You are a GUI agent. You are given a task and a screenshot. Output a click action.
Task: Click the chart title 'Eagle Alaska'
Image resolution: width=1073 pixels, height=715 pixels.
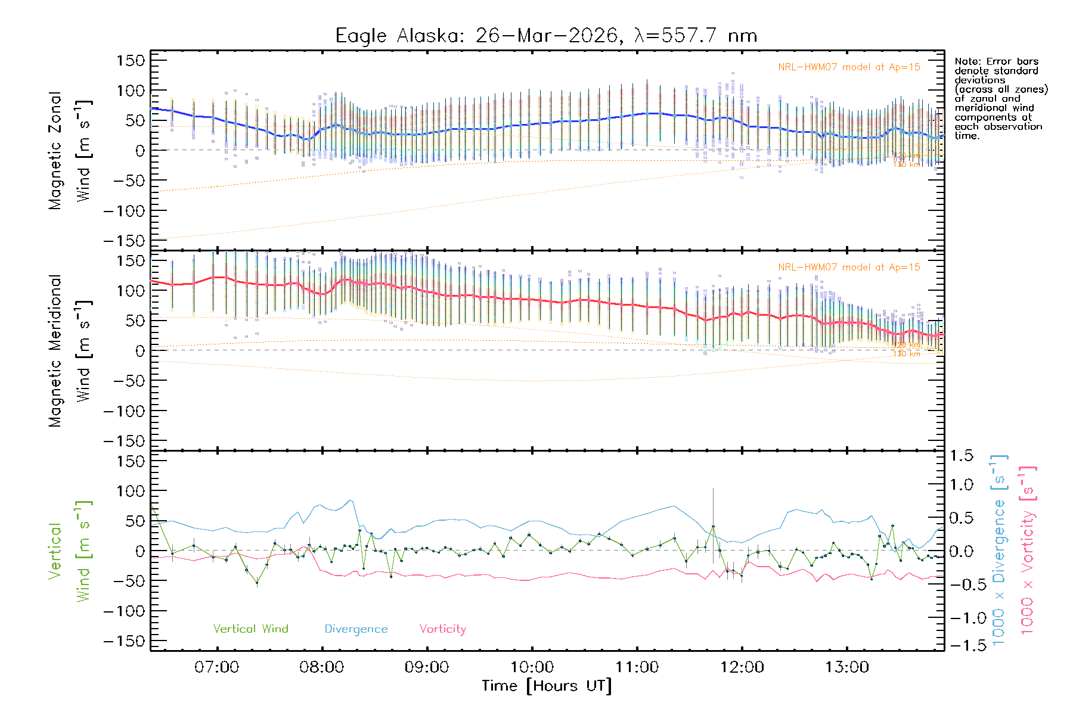[399, 36]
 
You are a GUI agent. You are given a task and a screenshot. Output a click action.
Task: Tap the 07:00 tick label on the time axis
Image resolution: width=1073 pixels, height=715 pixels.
[216, 667]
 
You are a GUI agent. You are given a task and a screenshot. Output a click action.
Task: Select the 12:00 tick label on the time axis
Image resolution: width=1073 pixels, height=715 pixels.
[742, 667]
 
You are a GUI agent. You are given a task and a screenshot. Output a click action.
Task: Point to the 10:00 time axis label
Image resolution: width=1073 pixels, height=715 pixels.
[532, 667]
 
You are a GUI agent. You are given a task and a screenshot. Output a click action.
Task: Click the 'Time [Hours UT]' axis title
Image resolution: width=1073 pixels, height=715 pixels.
[547, 686]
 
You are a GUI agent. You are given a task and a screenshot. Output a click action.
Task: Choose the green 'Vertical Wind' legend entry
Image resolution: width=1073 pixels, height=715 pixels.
[250, 629]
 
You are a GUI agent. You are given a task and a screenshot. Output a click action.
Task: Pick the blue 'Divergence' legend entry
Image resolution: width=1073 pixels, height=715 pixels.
[356, 629]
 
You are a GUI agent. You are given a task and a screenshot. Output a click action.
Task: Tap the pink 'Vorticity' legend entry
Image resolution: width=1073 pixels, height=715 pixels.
[442, 629]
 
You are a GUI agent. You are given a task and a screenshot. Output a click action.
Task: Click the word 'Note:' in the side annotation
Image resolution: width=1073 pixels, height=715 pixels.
[968, 62]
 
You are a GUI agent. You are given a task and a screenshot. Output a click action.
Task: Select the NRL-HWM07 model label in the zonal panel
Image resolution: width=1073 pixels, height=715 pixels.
[849, 67]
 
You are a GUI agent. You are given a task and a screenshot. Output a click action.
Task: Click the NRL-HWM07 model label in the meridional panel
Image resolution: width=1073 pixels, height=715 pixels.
[849, 268]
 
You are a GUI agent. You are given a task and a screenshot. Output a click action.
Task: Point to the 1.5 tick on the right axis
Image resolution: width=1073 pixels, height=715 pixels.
[961, 456]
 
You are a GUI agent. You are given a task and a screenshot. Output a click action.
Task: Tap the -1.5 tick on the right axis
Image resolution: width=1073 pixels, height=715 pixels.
[961, 645]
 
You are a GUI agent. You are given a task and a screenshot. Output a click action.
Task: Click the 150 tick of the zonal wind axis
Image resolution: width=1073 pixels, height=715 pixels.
[131, 60]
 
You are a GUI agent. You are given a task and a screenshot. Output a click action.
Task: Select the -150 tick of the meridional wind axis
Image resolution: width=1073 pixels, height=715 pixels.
[124, 441]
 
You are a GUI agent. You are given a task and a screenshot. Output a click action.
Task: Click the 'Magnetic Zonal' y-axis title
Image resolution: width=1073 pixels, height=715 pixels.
[55, 151]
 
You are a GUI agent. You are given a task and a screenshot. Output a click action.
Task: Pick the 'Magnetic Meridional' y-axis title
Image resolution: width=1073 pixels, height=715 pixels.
[55, 351]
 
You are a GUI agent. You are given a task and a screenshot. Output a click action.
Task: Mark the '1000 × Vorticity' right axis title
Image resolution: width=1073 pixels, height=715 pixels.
[1028, 550]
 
